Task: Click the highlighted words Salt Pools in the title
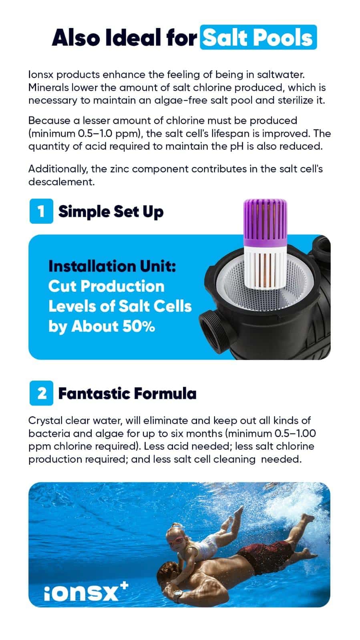click(258, 38)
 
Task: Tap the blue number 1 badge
click(41, 211)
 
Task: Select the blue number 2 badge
click(41, 393)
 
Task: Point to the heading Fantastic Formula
click(127, 393)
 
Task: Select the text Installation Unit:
click(112, 266)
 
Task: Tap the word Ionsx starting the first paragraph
click(41, 74)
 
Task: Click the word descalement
click(62, 182)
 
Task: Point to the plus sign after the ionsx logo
click(124, 586)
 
